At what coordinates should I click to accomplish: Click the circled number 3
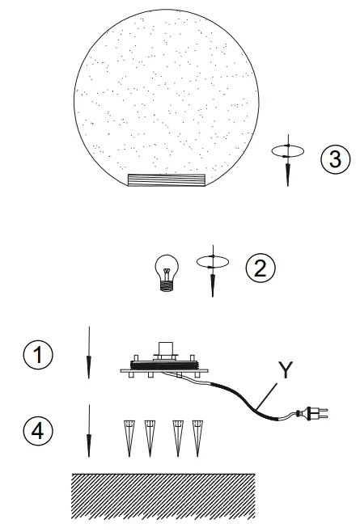[x=334, y=158]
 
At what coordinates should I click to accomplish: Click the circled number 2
[x=258, y=267]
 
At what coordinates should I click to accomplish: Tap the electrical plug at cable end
[x=311, y=415]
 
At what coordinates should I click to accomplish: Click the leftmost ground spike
[x=129, y=437]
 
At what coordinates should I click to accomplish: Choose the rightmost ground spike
[x=197, y=437]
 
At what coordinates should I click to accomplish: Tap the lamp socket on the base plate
[x=167, y=350]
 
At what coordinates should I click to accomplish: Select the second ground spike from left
[x=149, y=437]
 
